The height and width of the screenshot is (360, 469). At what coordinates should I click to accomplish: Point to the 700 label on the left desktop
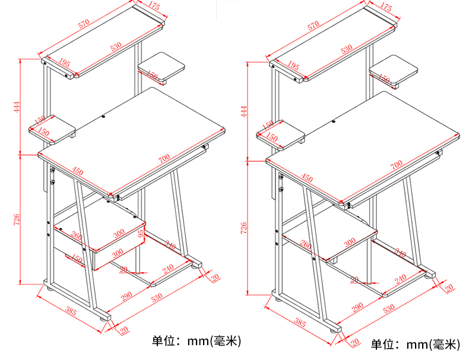pyautogui.click(x=164, y=157)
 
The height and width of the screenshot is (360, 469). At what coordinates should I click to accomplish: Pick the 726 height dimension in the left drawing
pyautogui.click(x=18, y=219)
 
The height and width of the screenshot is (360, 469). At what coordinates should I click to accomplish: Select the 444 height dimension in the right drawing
pyautogui.click(x=243, y=111)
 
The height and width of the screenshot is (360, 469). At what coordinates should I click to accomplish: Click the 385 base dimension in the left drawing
pyautogui.click(x=71, y=309)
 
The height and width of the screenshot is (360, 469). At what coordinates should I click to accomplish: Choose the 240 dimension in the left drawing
pyautogui.click(x=167, y=268)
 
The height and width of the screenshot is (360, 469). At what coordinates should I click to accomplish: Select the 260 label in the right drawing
pyautogui.click(x=306, y=245)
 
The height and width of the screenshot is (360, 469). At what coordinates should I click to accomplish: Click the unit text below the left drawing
pyautogui.click(x=197, y=340)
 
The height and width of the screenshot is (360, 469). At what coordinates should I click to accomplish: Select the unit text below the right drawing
pyautogui.click(x=415, y=344)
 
